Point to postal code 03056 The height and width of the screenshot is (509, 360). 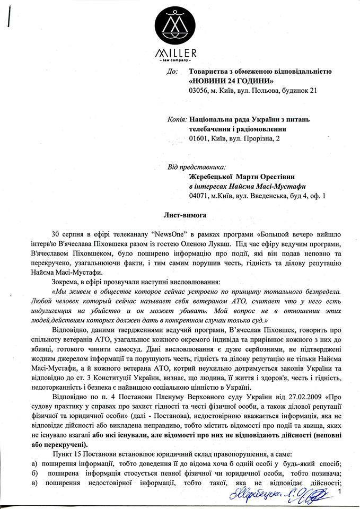pos(199,91)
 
